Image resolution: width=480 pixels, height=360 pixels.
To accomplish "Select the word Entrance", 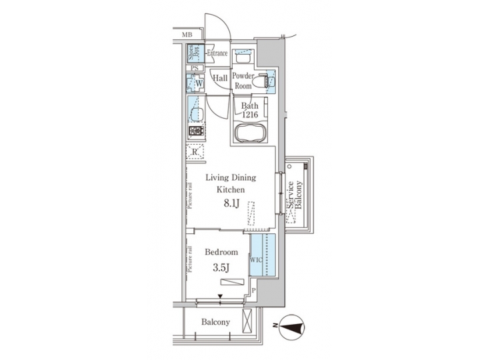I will [217, 53].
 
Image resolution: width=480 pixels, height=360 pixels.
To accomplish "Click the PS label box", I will [194, 68].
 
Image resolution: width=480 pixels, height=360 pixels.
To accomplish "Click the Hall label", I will [220, 79].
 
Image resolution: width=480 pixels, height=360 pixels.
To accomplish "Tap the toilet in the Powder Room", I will [268, 81].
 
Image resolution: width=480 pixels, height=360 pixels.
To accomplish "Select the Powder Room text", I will [244, 81].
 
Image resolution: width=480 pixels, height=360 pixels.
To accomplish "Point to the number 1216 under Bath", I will [251, 114].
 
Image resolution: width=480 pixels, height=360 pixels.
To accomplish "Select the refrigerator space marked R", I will [195, 152].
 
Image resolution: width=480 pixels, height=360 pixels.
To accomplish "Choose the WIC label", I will [257, 260].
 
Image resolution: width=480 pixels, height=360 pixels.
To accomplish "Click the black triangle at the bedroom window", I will [219, 298].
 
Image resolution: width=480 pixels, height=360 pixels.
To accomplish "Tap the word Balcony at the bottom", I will [215, 322].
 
